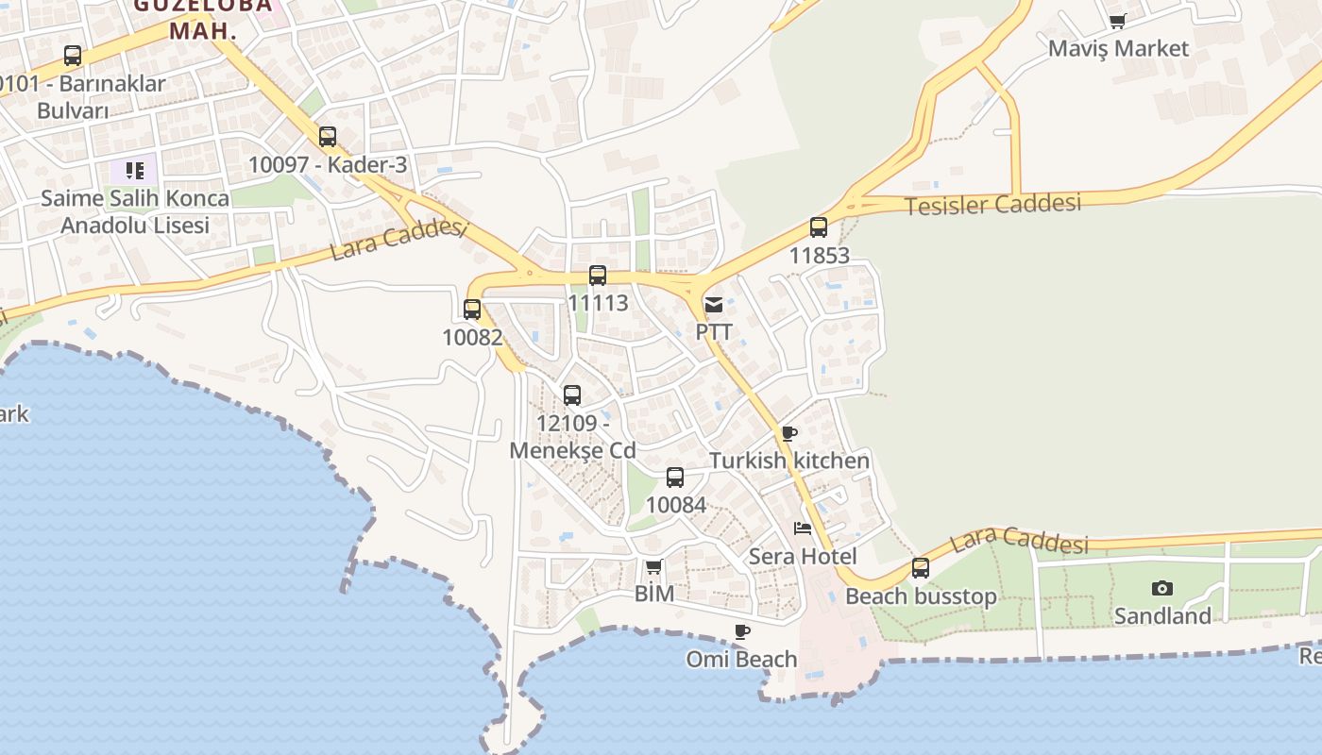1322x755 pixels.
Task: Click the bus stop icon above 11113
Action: (598, 276)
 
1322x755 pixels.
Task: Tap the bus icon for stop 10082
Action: (472, 309)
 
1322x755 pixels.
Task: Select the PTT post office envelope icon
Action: (714, 305)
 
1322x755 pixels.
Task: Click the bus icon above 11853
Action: (819, 227)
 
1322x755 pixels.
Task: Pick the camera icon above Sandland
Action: (1162, 588)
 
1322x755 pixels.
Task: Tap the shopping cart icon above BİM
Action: (653, 566)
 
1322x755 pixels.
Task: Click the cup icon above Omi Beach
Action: (742, 631)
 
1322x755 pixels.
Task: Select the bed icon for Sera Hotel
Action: (803, 528)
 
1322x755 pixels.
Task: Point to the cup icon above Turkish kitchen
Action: (789, 433)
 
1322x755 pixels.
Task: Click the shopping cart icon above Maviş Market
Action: (1118, 21)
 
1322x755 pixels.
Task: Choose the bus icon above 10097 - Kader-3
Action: (328, 137)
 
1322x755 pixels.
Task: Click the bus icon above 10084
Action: (675, 478)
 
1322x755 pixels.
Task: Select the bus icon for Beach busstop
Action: (921, 568)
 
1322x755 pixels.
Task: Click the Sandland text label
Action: (1162, 616)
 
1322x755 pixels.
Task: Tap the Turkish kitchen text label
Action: (789, 461)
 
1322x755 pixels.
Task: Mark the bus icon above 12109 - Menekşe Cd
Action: (572, 395)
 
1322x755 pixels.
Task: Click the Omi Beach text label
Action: (742, 659)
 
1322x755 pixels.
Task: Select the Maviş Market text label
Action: (1118, 48)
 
